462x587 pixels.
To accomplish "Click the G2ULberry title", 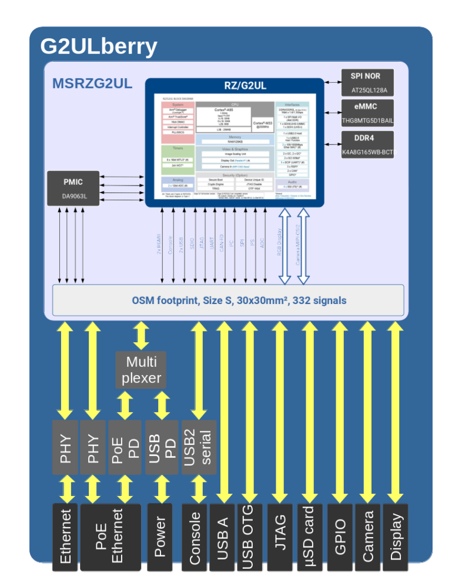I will coord(99,46).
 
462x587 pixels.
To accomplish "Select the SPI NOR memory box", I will coord(368,83).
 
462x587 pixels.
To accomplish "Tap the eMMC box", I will coord(368,113).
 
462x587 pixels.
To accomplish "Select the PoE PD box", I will coord(125,447).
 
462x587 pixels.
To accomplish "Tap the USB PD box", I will coord(162,447).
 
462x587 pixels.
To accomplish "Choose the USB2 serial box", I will coord(199,447).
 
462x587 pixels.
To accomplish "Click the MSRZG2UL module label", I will coord(92,83).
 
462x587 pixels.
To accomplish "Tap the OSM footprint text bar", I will coord(228,301).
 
